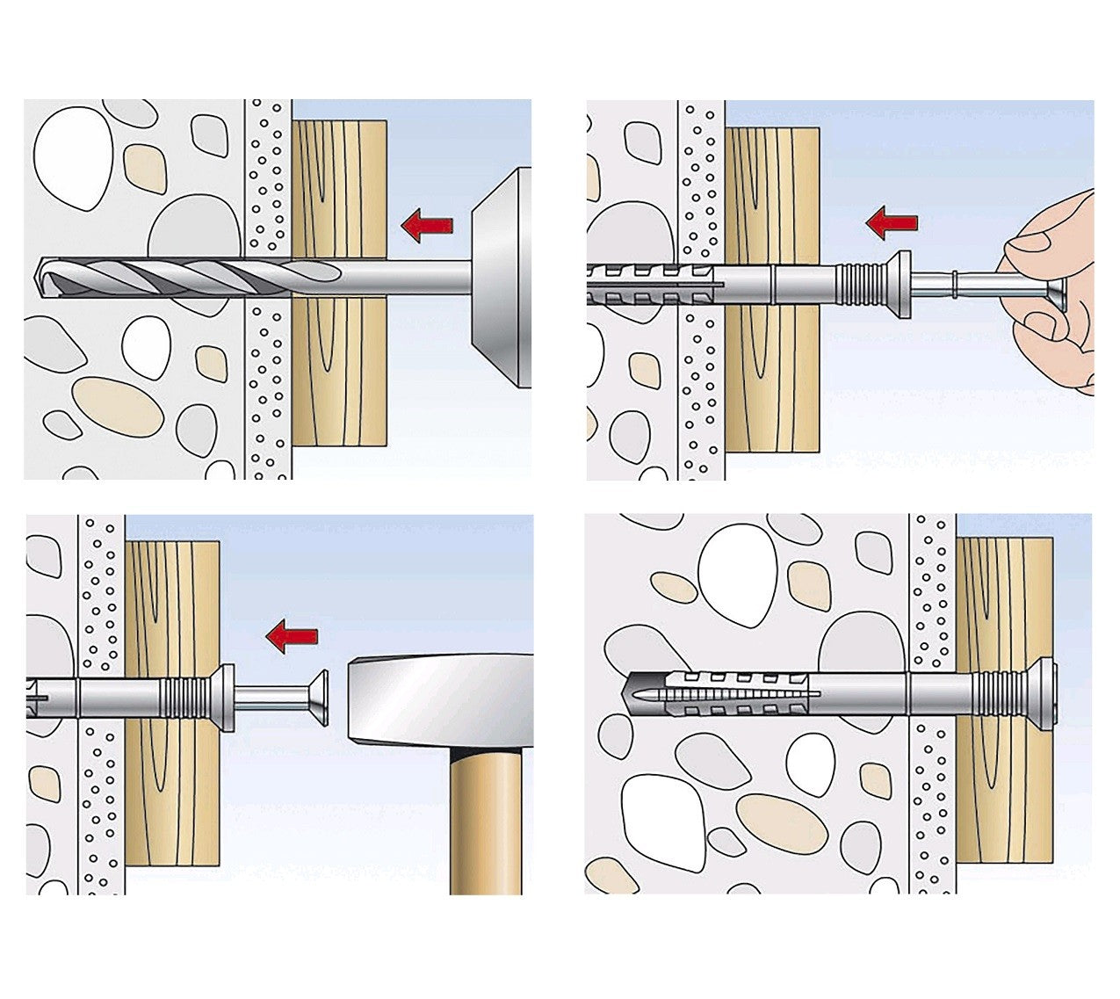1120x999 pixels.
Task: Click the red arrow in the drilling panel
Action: coord(427,225)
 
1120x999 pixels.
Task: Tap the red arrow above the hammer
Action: coord(292,635)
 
